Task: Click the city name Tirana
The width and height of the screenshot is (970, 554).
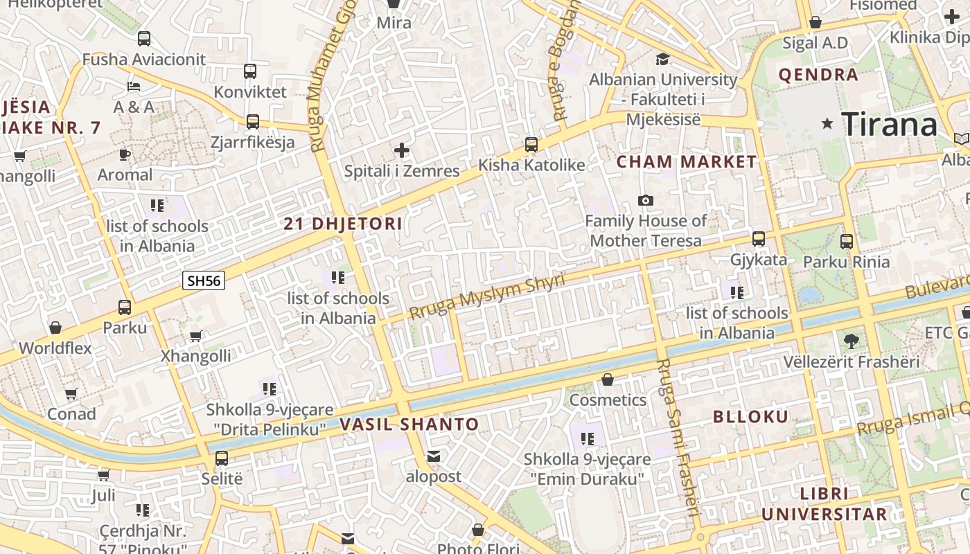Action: (890, 125)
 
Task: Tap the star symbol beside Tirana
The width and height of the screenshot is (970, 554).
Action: (827, 124)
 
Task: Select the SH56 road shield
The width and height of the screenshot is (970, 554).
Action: (204, 280)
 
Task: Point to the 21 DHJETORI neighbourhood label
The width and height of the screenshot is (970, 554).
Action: (343, 224)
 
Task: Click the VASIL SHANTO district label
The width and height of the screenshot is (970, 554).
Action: (409, 425)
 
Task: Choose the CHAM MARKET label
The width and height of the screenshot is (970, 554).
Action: (687, 162)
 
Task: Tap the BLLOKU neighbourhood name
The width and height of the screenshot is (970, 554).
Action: (751, 416)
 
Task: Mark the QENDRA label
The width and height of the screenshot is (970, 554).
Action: (818, 75)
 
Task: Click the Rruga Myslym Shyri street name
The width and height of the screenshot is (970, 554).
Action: (487, 297)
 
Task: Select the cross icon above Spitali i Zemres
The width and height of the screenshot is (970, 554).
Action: (402, 150)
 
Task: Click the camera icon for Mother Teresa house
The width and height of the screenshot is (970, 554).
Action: (646, 201)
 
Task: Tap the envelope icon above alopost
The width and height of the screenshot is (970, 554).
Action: (434, 457)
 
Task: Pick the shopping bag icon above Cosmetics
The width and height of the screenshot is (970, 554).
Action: (608, 379)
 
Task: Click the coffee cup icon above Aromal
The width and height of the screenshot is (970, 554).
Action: (125, 154)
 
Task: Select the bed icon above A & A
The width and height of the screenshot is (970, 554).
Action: (134, 87)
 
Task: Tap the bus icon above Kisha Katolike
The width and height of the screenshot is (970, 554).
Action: (531, 145)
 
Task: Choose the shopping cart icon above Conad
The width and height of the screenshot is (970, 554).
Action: (71, 394)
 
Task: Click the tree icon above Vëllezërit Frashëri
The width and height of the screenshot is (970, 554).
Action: (852, 341)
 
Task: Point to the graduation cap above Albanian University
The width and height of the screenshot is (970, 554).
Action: (663, 59)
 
